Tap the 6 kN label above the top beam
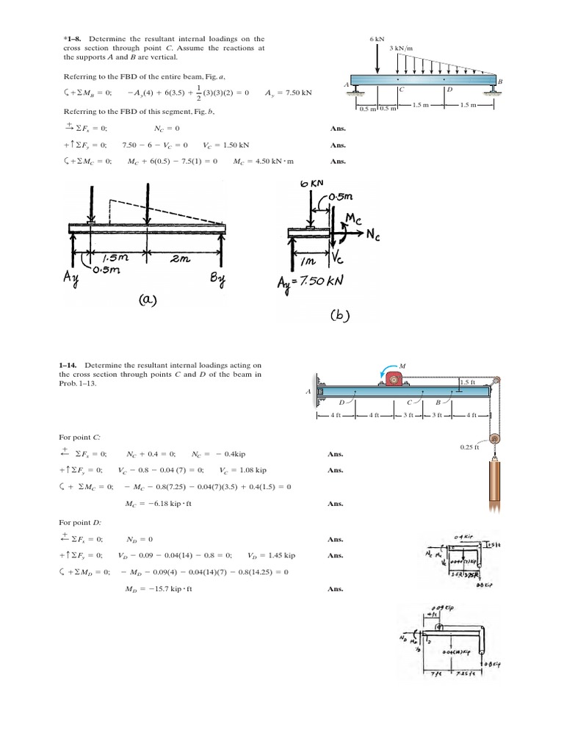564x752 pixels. tap(377, 37)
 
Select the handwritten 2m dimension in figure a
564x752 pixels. tap(181, 258)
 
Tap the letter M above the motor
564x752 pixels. tap(403, 364)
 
